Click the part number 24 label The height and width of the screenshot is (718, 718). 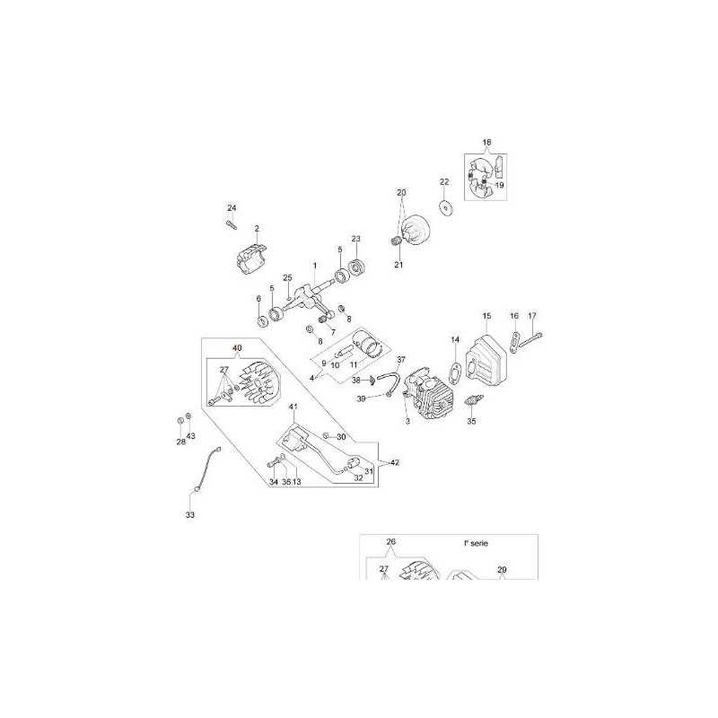(231, 208)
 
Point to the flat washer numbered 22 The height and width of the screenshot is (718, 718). (445, 206)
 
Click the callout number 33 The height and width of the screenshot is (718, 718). (189, 515)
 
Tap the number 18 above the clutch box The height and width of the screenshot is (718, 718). (487, 144)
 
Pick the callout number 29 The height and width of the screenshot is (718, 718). (502, 570)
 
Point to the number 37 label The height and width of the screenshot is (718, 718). (401, 359)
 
